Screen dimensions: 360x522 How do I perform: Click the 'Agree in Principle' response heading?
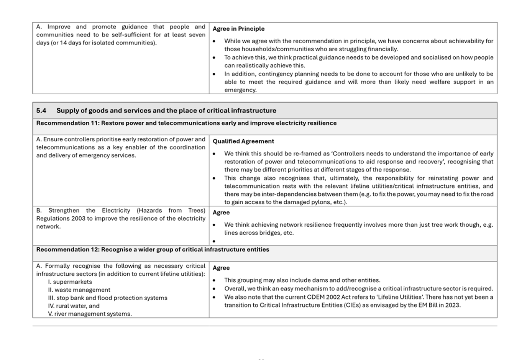point(238,29)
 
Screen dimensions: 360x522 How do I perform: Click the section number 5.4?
point(41,111)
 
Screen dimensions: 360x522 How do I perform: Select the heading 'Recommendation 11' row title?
point(186,123)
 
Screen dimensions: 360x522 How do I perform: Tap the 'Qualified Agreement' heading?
point(243,141)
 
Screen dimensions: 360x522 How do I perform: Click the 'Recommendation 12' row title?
point(153,250)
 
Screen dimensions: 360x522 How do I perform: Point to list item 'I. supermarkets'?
point(70,282)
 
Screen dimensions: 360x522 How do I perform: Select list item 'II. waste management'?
point(79,290)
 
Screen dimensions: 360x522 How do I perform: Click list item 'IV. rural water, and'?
point(74,306)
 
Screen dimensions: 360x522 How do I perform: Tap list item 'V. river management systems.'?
point(90,314)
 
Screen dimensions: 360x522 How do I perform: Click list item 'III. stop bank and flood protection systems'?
point(107,298)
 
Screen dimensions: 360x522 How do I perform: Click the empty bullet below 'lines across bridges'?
point(214,241)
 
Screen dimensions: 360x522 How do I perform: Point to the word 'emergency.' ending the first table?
point(240,90)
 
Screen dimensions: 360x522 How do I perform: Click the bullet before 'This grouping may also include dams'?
point(214,281)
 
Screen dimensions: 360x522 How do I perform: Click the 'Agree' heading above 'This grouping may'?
point(221,268)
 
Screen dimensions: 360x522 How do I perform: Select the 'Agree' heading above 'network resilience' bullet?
point(221,213)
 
